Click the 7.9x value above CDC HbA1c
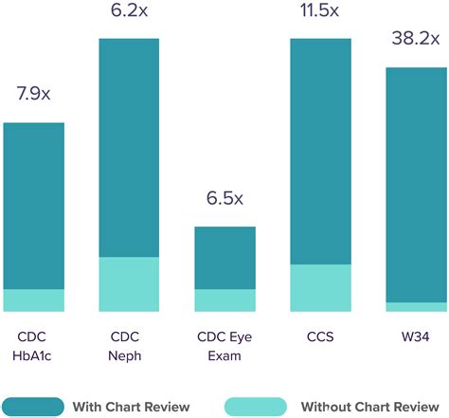(x=33, y=95)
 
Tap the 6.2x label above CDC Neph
(x=129, y=11)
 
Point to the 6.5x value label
(x=224, y=199)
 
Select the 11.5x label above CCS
(x=320, y=11)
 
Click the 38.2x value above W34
(x=415, y=39)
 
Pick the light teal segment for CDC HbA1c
(x=33, y=300)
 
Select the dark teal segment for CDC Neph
(x=129, y=148)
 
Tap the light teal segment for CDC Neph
(x=129, y=284)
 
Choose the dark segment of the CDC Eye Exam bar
(x=224, y=258)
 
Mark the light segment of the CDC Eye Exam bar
(x=224, y=300)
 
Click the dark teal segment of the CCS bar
(x=320, y=152)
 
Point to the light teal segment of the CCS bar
(x=320, y=288)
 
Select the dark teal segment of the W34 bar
(x=416, y=185)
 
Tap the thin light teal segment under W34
(x=416, y=307)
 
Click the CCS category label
(x=320, y=336)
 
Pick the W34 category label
(x=416, y=336)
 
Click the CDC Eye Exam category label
(x=224, y=346)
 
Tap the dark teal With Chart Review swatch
(x=33, y=406)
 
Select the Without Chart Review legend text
(x=370, y=406)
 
